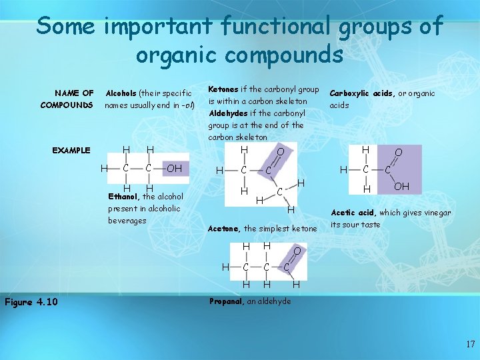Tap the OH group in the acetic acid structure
401,187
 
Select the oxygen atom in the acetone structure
281,153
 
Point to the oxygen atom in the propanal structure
297,251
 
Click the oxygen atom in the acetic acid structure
399,153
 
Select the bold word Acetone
224,229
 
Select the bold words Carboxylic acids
361,93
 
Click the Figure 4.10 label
31,302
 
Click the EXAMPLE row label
71,150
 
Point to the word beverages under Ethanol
127,220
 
